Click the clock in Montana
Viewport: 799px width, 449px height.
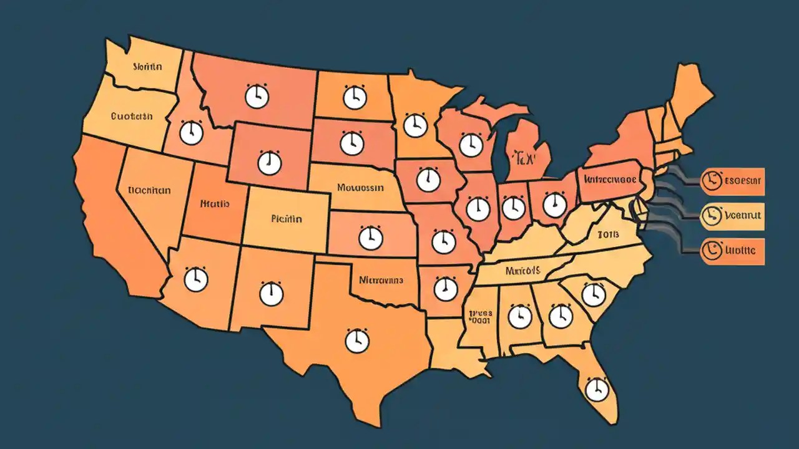(257, 97)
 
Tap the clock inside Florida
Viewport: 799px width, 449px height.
(597, 390)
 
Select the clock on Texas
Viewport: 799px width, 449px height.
(356, 341)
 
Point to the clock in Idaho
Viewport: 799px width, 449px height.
(191, 133)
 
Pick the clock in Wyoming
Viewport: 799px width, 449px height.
(270, 163)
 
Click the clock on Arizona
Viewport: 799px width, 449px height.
(196, 279)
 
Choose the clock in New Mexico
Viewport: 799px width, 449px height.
(271, 293)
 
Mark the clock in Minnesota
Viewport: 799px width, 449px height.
(415, 125)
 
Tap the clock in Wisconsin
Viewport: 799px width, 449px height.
(471, 145)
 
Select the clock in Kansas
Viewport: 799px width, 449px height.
(370, 238)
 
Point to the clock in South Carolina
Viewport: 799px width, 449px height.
(593, 294)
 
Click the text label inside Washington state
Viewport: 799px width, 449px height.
(147, 65)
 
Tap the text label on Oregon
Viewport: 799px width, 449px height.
(131, 116)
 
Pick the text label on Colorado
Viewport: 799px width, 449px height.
(287, 219)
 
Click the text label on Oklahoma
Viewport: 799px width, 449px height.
(380, 281)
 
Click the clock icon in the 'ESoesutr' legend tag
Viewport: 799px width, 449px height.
(709, 181)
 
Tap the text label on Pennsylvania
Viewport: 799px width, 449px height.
(610, 179)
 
